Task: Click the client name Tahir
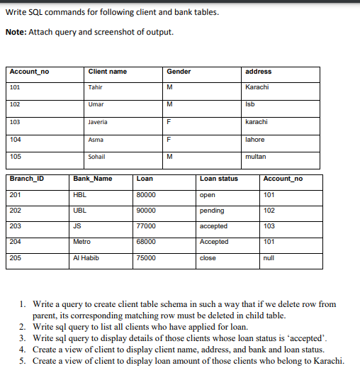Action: point(96,87)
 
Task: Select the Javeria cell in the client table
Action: point(98,121)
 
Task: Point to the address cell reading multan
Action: point(255,156)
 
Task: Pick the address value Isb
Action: point(249,104)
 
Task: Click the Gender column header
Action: point(179,72)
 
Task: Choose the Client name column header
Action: point(108,72)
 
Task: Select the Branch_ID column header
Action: point(27,179)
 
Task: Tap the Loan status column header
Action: point(219,179)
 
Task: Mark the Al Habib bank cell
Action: point(86,258)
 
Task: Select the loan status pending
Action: point(213,211)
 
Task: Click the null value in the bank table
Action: point(269,258)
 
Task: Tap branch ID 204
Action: point(16,242)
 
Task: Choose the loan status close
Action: point(209,258)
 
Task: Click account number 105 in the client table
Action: point(16,156)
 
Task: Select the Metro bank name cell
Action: point(82,242)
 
